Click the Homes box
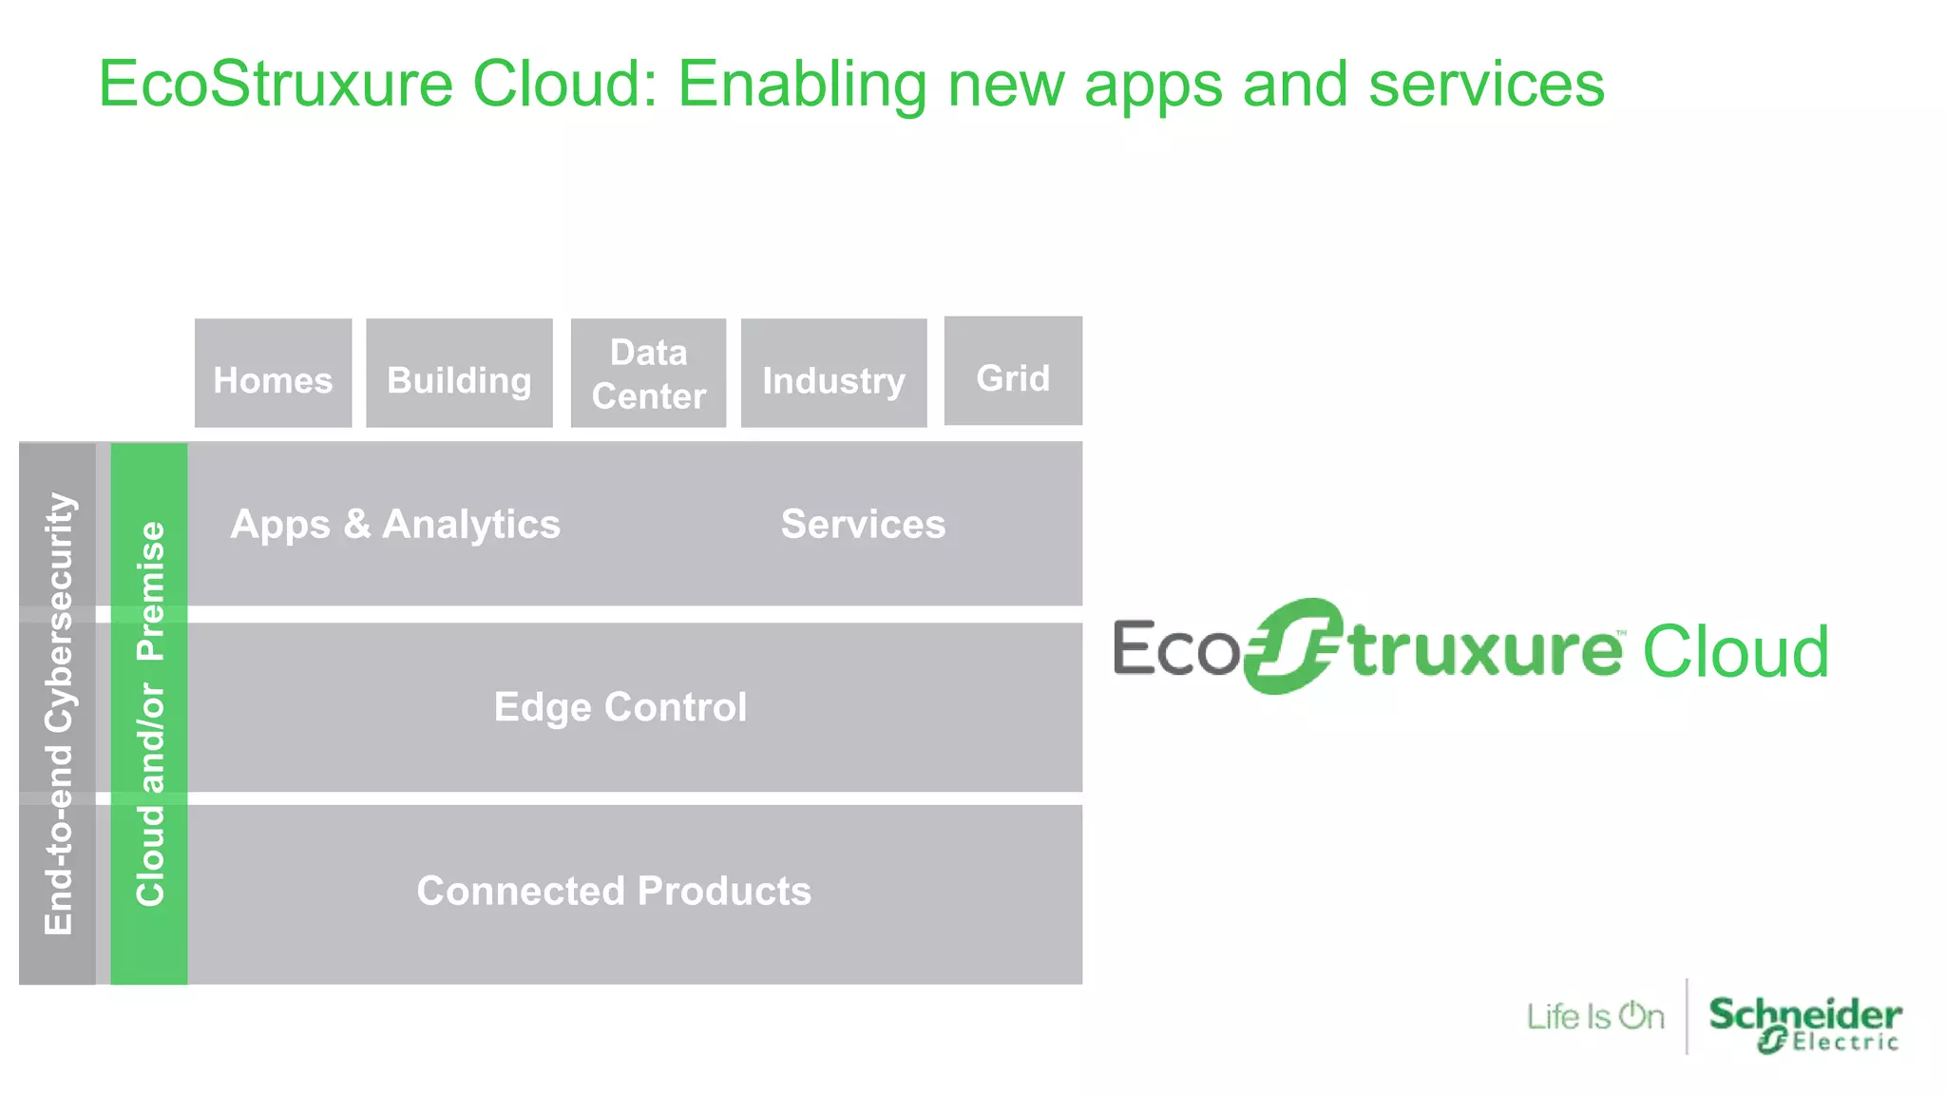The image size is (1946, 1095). [273, 374]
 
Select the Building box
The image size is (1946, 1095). [459, 374]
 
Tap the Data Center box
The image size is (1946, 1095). [648, 374]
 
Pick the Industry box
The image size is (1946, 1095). [833, 374]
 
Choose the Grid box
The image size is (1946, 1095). [1013, 372]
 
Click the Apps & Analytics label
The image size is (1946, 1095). [395, 525]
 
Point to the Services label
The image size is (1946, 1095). [863, 525]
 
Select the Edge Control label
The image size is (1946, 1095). [620, 707]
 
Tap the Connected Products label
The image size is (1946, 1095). [614, 891]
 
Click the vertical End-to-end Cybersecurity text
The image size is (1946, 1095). [59, 713]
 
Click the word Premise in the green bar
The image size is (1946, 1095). [151, 590]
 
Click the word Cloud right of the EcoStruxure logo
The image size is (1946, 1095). [1735, 652]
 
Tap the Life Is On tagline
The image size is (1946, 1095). [1595, 1017]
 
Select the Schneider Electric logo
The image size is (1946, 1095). [1804, 1023]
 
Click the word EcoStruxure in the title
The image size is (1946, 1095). [276, 85]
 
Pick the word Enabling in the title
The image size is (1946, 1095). [802, 85]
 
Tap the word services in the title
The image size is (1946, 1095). [1486, 85]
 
